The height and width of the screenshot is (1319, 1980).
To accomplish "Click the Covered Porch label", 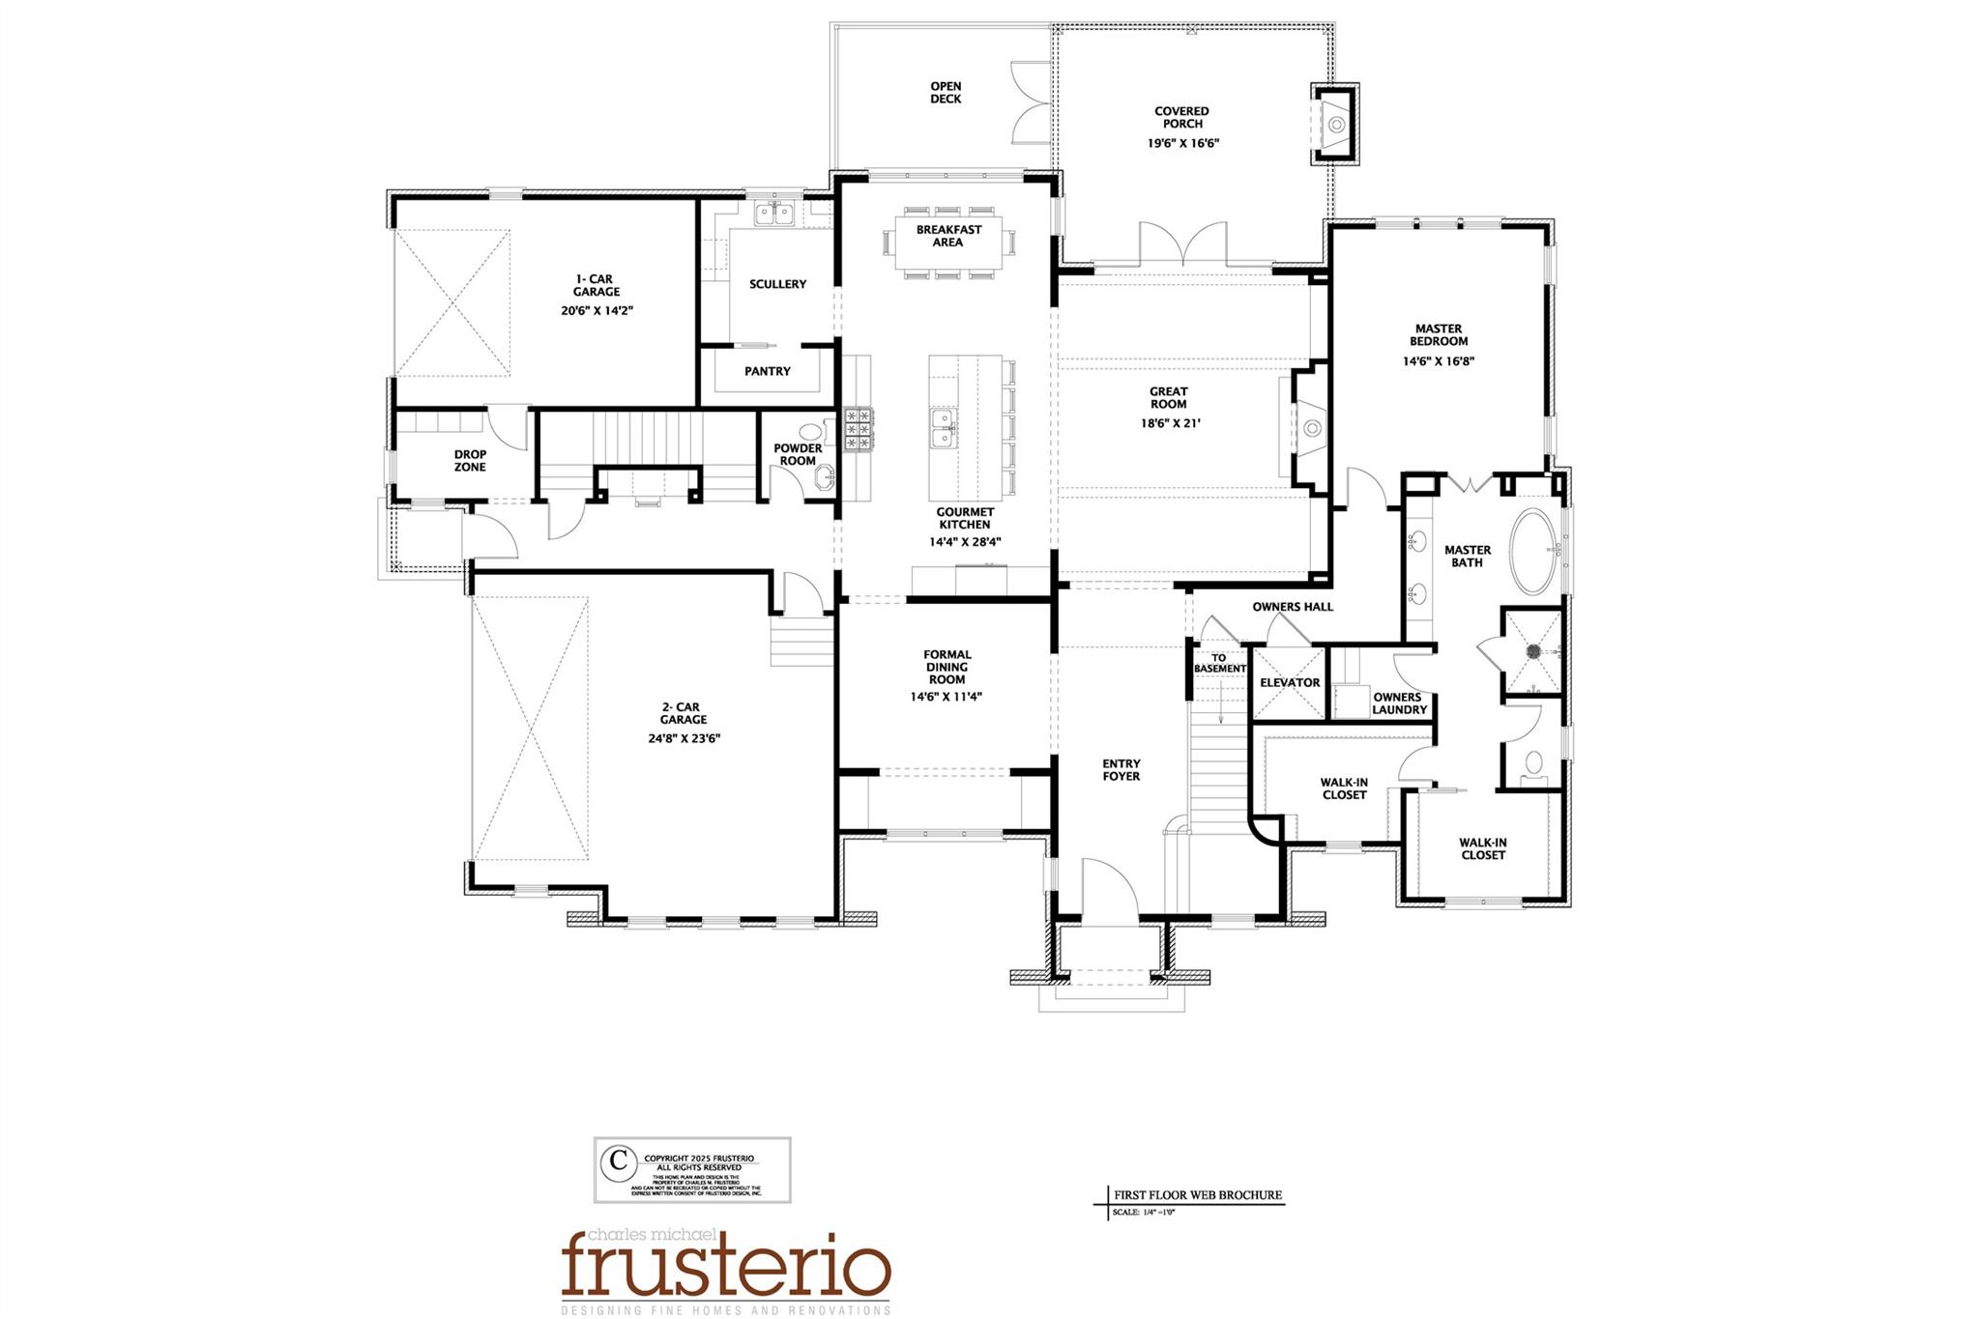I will [1181, 118].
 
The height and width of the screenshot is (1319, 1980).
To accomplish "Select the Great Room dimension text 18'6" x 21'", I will [1168, 423].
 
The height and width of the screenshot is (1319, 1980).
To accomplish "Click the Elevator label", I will [1290, 683].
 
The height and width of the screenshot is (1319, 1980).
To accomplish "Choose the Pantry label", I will [768, 371].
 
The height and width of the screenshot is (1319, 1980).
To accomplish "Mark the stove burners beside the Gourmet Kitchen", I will [858, 429].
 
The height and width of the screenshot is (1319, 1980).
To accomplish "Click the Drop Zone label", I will [470, 461].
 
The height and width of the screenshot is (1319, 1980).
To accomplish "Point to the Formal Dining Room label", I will [946, 667].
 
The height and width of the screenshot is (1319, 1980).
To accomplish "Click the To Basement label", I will [1219, 664].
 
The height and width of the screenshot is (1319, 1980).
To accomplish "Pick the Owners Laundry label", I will [1398, 703].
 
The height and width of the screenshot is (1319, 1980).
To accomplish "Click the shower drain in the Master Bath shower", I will [1533, 651].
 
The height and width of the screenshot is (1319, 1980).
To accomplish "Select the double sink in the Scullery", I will [773, 214].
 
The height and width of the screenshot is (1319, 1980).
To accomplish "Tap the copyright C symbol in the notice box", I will [617, 1161].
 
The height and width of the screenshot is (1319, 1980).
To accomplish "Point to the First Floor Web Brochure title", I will [1197, 1195].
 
